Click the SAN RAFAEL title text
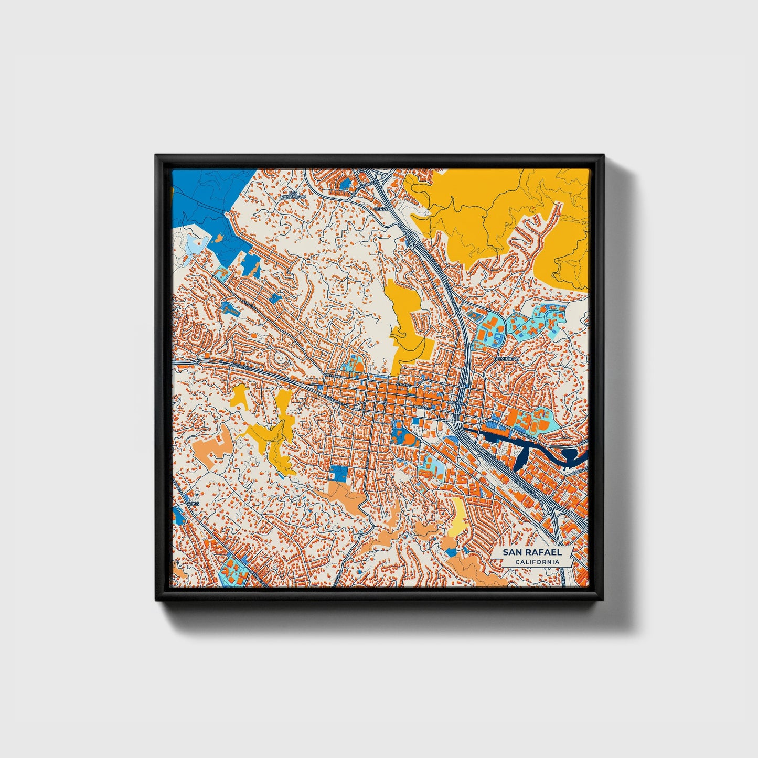(532, 552)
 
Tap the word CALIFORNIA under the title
(536, 562)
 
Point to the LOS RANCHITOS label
(293, 195)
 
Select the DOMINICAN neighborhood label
(506, 359)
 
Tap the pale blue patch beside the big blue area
(192, 243)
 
